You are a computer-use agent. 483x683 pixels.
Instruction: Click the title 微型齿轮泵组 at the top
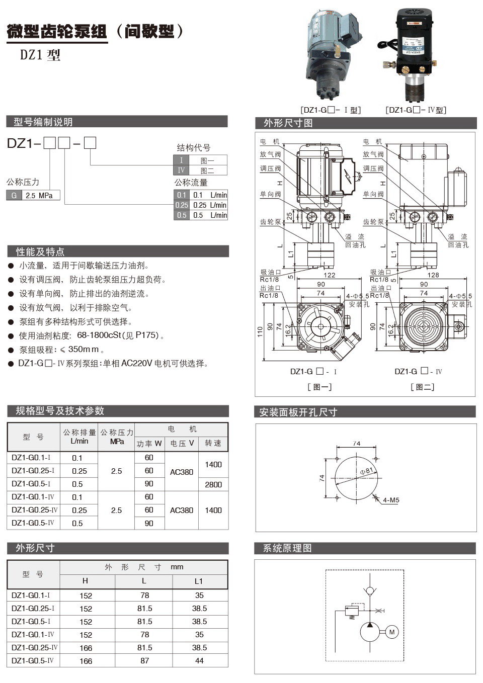[56, 32]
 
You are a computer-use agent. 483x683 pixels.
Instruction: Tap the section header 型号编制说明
[43, 122]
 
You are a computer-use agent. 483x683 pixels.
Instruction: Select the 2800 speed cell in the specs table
[213, 484]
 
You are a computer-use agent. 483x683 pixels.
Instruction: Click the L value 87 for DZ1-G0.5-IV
[144, 661]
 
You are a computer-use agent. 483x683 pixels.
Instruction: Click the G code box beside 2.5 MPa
[14, 195]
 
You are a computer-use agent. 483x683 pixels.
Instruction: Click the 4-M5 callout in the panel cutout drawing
[391, 500]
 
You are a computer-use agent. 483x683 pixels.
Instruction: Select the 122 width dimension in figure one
[329, 275]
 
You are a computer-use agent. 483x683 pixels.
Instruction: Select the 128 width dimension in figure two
[433, 275]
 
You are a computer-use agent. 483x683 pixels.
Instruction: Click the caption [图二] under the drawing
[422, 387]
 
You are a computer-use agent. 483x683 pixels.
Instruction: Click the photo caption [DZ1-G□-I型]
[331, 110]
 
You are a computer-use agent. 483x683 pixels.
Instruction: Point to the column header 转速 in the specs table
[213, 443]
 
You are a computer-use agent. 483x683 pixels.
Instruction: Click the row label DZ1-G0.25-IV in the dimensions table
[34, 648]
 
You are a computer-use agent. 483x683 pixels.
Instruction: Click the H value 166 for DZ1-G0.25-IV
[86, 648]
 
